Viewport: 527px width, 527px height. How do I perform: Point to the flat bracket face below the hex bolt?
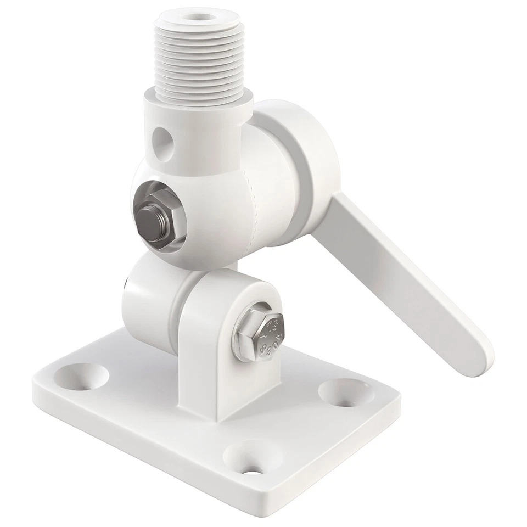[236, 384]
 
